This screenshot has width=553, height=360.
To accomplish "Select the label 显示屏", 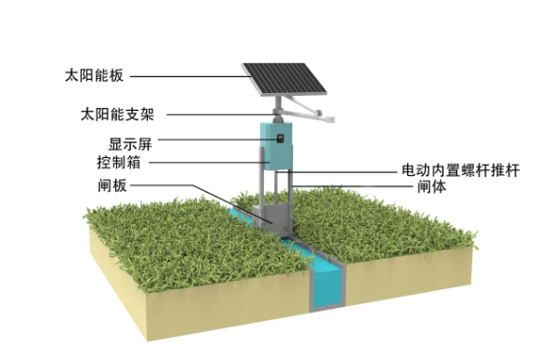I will (130, 144).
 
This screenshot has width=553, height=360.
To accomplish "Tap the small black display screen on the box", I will (275, 139).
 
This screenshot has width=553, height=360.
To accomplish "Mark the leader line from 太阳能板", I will (186, 75).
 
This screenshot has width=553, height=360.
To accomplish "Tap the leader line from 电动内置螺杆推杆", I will (344, 171).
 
